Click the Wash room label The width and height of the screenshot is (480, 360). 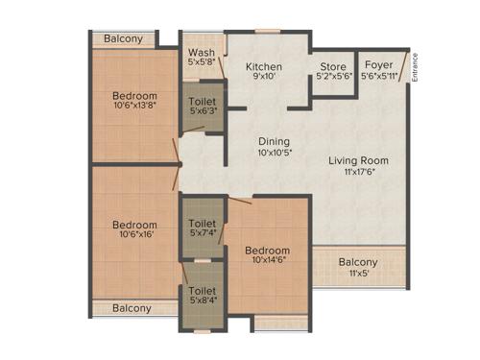point(202,52)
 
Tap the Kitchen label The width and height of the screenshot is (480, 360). point(262,66)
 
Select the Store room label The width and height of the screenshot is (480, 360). point(333,67)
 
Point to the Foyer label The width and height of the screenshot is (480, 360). point(376,67)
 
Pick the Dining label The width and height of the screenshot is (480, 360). point(274,141)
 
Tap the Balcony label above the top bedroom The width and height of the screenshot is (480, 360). point(123,38)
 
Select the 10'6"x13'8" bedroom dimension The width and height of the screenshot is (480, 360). point(134,107)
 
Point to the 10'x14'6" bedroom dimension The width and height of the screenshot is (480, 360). point(268,258)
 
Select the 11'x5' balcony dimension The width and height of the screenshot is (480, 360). point(358,274)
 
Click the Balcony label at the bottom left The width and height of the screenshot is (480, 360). point(132,308)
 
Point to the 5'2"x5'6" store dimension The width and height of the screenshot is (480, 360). point(333,78)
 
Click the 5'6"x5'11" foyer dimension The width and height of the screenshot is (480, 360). point(376,78)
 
